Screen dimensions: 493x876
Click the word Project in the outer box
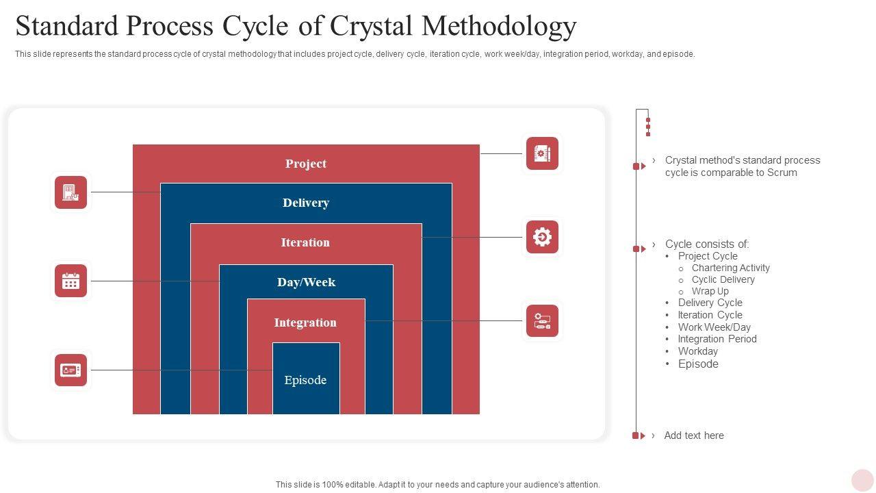[x=306, y=164]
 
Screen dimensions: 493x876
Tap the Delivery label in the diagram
[x=306, y=203]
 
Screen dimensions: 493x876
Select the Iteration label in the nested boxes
[x=305, y=242]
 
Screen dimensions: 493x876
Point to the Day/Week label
[x=306, y=282]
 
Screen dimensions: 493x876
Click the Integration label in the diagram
[x=305, y=323]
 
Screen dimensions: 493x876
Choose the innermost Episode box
[x=305, y=380]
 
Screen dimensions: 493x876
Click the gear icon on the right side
[x=542, y=237]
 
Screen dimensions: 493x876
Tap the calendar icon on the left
[x=71, y=281]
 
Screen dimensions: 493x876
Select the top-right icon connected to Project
[x=542, y=153]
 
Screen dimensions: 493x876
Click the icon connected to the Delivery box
[x=71, y=192]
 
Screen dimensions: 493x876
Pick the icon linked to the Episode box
[x=71, y=370]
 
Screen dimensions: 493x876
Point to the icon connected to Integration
[x=542, y=321]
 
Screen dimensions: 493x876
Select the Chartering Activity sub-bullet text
[x=730, y=268]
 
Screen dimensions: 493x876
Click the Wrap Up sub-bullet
[x=710, y=291]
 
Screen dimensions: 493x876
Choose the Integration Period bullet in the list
[x=717, y=339]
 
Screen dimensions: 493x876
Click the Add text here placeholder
[x=693, y=435]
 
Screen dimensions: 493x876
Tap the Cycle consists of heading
[x=707, y=244]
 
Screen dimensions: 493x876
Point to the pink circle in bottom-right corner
[x=862, y=480]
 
